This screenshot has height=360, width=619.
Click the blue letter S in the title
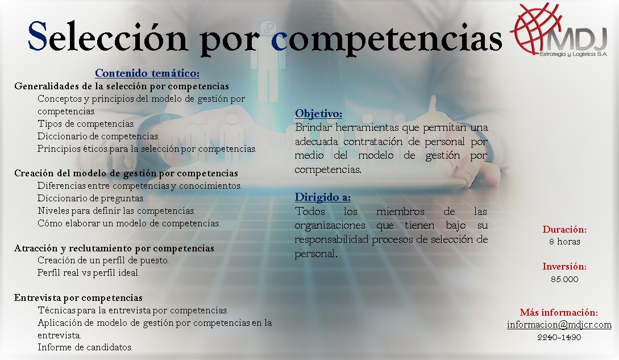pyautogui.click(x=38, y=36)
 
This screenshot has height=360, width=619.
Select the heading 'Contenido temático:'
pyautogui.click(x=147, y=73)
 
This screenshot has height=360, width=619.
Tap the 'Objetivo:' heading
pyautogui.click(x=318, y=113)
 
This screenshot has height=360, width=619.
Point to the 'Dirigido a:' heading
pyautogui.click(x=322, y=197)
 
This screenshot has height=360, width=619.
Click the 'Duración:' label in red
pyautogui.click(x=564, y=229)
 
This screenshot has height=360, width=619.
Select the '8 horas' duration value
pyautogui.click(x=564, y=242)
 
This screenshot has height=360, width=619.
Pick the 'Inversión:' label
pyautogui.click(x=564, y=266)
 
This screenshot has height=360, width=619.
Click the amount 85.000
pyautogui.click(x=564, y=279)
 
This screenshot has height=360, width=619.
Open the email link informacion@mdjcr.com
pyautogui.click(x=559, y=325)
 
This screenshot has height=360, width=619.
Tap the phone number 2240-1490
pyautogui.click(x=559, y=337)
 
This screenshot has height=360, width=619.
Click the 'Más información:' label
pyautogui.click(x=559, y=312)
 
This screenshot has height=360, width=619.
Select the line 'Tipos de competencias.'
pyautogui.click(x=86, y=124)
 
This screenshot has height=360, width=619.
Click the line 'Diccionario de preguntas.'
pyautogui.click(x=91, y=198)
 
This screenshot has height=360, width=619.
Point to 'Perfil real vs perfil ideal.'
pyautogui.click(x=89, y=272)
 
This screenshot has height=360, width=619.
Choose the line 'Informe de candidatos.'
pyautogui.click(x=85, y=347)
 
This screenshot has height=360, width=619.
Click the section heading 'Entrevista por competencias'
pyautogui.click(x=78, y=297)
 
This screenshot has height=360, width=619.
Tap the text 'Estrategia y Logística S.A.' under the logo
pyautogui.click(x=574, y=54)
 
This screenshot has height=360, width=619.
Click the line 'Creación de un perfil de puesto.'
pyautogui.click(x=103, y=260)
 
